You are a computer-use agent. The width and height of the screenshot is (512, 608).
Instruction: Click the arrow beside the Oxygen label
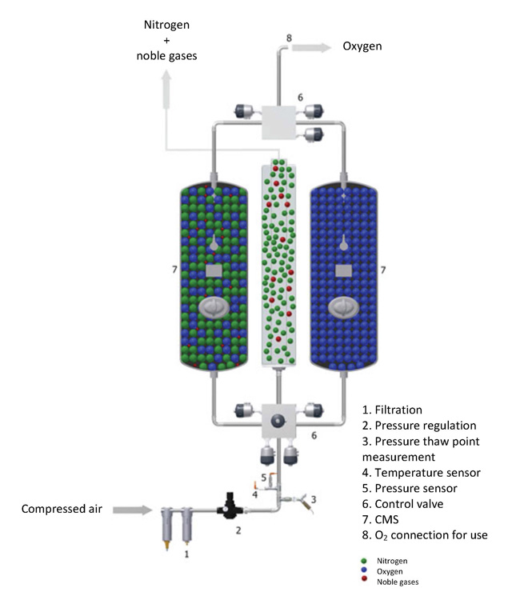(x=311, y=48)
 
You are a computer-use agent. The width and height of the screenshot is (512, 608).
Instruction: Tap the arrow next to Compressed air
(x=133, y=510)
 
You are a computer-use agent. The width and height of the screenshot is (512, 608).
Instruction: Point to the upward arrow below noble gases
(x=166, y=89)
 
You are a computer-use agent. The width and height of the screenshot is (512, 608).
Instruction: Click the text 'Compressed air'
(x=62, y=509)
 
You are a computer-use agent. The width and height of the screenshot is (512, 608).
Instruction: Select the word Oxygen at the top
(x=362, y=46)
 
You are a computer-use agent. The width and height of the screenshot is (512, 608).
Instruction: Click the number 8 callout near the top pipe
(x=289, y=38)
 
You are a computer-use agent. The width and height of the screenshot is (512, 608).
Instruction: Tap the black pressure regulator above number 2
(x=230, y=506)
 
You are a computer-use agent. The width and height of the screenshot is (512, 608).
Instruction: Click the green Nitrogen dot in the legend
(x=364, y=561)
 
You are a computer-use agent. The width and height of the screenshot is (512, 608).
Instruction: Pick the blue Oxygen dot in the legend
(x=364, y=570)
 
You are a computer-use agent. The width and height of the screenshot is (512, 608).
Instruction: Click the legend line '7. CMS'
(x=380, y=519)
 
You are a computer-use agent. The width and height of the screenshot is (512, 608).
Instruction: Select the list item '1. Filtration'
(x=392, y=410)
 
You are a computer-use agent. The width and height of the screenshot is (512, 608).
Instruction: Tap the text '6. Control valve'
(x=402, y=504)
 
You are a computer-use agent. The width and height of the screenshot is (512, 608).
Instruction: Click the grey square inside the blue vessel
(x=343, y=270)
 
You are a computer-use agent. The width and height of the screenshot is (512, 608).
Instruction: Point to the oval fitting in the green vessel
(x=214, y=308)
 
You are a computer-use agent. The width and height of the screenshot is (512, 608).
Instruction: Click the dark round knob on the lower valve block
(x=278, y=420)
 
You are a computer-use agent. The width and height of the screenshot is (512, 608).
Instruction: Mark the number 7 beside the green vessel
(x=174, y=269)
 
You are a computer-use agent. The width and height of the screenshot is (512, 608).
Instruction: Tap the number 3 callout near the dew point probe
(x=314, y=499)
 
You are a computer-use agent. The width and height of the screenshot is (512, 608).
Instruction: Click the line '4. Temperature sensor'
(x=422, y=473)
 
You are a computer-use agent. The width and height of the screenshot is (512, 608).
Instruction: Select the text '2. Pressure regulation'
(x=419, y=426)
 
